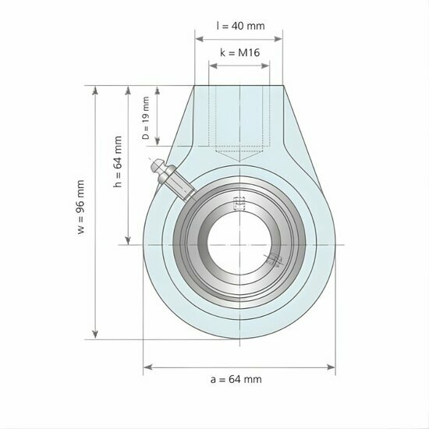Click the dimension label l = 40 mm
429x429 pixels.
tap(239, 25)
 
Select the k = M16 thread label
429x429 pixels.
tap(239, 52)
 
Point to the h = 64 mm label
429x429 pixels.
tap(119, 163)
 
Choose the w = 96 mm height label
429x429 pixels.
tap(80, 210)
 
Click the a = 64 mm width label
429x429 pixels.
tap(236, 379)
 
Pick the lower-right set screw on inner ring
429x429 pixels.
tap(272, 262)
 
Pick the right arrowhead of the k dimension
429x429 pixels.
tap(267, 64)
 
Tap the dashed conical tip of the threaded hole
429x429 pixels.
tap(239, 156)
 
